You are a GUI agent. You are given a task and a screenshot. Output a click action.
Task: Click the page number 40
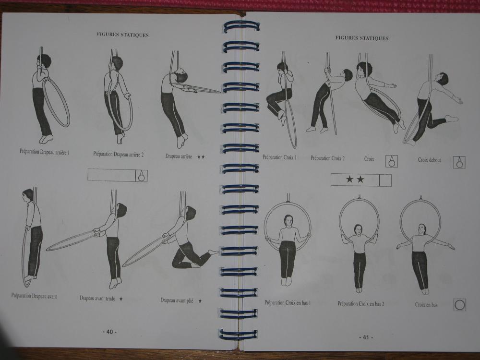pyautogui.click(x=109, y=332)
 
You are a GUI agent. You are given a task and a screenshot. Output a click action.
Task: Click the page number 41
pyautogui.click(x=366, y=337)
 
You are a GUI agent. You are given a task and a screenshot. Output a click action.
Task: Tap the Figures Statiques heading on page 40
pyautogui.click(x=123, y=35)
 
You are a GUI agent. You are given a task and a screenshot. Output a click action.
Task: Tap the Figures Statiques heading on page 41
pyautogui.click(x=362, y=38)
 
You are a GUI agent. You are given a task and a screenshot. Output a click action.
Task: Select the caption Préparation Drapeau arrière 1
pyautogui.click(x=45, y=152)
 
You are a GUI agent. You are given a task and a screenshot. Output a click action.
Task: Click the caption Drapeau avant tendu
pyautogui.click(x=97, y=298)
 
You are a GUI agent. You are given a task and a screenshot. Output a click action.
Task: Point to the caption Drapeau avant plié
pyautogui.click(x=177, y=300)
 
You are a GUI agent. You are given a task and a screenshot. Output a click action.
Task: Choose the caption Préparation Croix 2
pyautogui.click(x=327, y=158)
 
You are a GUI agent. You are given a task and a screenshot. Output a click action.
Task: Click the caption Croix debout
pyautogui.click(x=430, y=160)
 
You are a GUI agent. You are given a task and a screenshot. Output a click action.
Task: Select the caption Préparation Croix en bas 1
pyautogui.click(x=288, y=303)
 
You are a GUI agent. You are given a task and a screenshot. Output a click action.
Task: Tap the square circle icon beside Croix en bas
pyautogui.click(x=459, y=305)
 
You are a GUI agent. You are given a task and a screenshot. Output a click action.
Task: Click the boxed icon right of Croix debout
pyautogui.click(x=459, y=162)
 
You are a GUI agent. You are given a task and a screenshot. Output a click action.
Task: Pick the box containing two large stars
pyautogui.click(x=361, y=180)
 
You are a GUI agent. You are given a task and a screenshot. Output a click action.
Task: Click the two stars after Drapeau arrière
pyautogui.click(x=201, y=157)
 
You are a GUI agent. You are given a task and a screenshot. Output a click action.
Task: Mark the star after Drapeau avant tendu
pyautogui.click(x=121, y=299)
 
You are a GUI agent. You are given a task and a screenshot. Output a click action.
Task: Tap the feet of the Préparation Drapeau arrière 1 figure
pyautogui.click(x=46, y=139)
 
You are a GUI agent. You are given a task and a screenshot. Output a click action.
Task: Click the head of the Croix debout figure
pyautogui.click(x=443, y=79)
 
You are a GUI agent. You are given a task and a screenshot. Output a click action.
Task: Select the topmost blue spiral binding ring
pyautogui.click(x=241, y=26)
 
